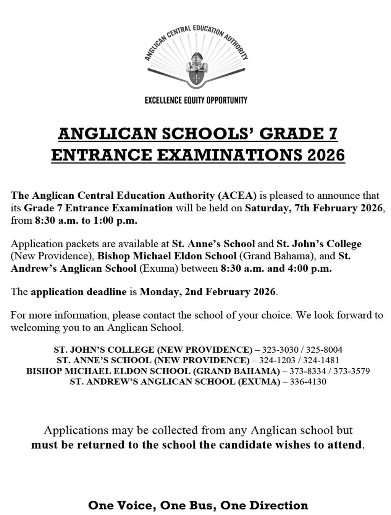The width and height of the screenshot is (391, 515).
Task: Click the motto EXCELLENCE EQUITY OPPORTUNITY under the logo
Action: (196, 100)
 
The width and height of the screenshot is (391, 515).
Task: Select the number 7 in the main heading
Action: (333, 134)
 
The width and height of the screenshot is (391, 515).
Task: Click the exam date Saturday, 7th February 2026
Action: (313, 208)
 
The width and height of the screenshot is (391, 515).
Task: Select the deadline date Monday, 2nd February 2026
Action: (207, 292)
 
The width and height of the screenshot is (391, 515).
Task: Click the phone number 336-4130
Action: (308, 382)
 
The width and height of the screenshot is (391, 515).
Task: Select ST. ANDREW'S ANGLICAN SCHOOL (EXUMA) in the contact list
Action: (175, 382)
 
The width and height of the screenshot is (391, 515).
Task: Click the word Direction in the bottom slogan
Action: (278, 505)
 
